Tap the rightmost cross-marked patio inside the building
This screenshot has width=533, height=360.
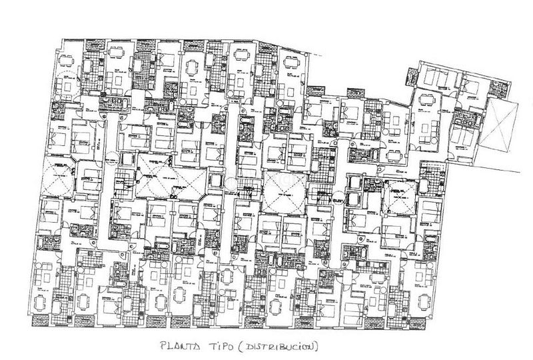tap(400, 198)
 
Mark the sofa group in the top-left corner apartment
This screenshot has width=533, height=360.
tap(67, 87)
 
